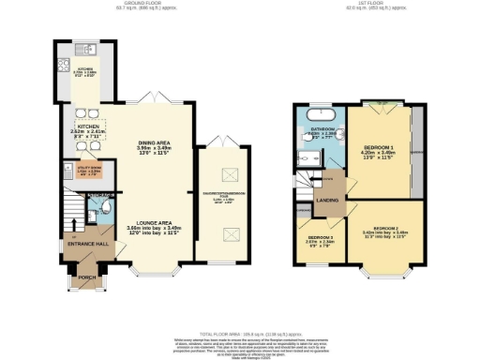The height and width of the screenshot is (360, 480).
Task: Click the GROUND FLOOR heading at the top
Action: click(151, 5)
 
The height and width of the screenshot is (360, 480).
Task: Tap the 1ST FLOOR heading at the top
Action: click(363, 5)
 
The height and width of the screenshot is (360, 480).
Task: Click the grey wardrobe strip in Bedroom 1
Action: click(416, 150)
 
